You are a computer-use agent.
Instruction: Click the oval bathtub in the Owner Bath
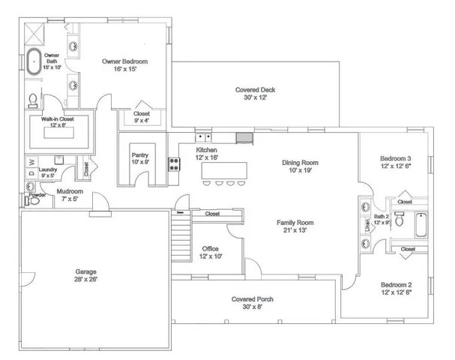[x=34, y=62]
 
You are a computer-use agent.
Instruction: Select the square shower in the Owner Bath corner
[x=34, y=34]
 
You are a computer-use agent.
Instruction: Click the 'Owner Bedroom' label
[x=124, y=61]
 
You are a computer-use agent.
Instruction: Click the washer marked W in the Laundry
[x=31, y=161]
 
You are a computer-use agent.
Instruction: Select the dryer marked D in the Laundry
[x=31, y=174]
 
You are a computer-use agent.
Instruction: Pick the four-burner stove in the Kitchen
[x=174, y=163]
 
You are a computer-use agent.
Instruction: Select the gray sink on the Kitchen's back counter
[x=244, y=137]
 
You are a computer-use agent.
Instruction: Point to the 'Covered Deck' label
[x=255, y=90]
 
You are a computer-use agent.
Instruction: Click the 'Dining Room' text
[x=300, y=162]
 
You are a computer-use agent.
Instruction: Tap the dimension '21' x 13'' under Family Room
[x=295, y=231]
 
